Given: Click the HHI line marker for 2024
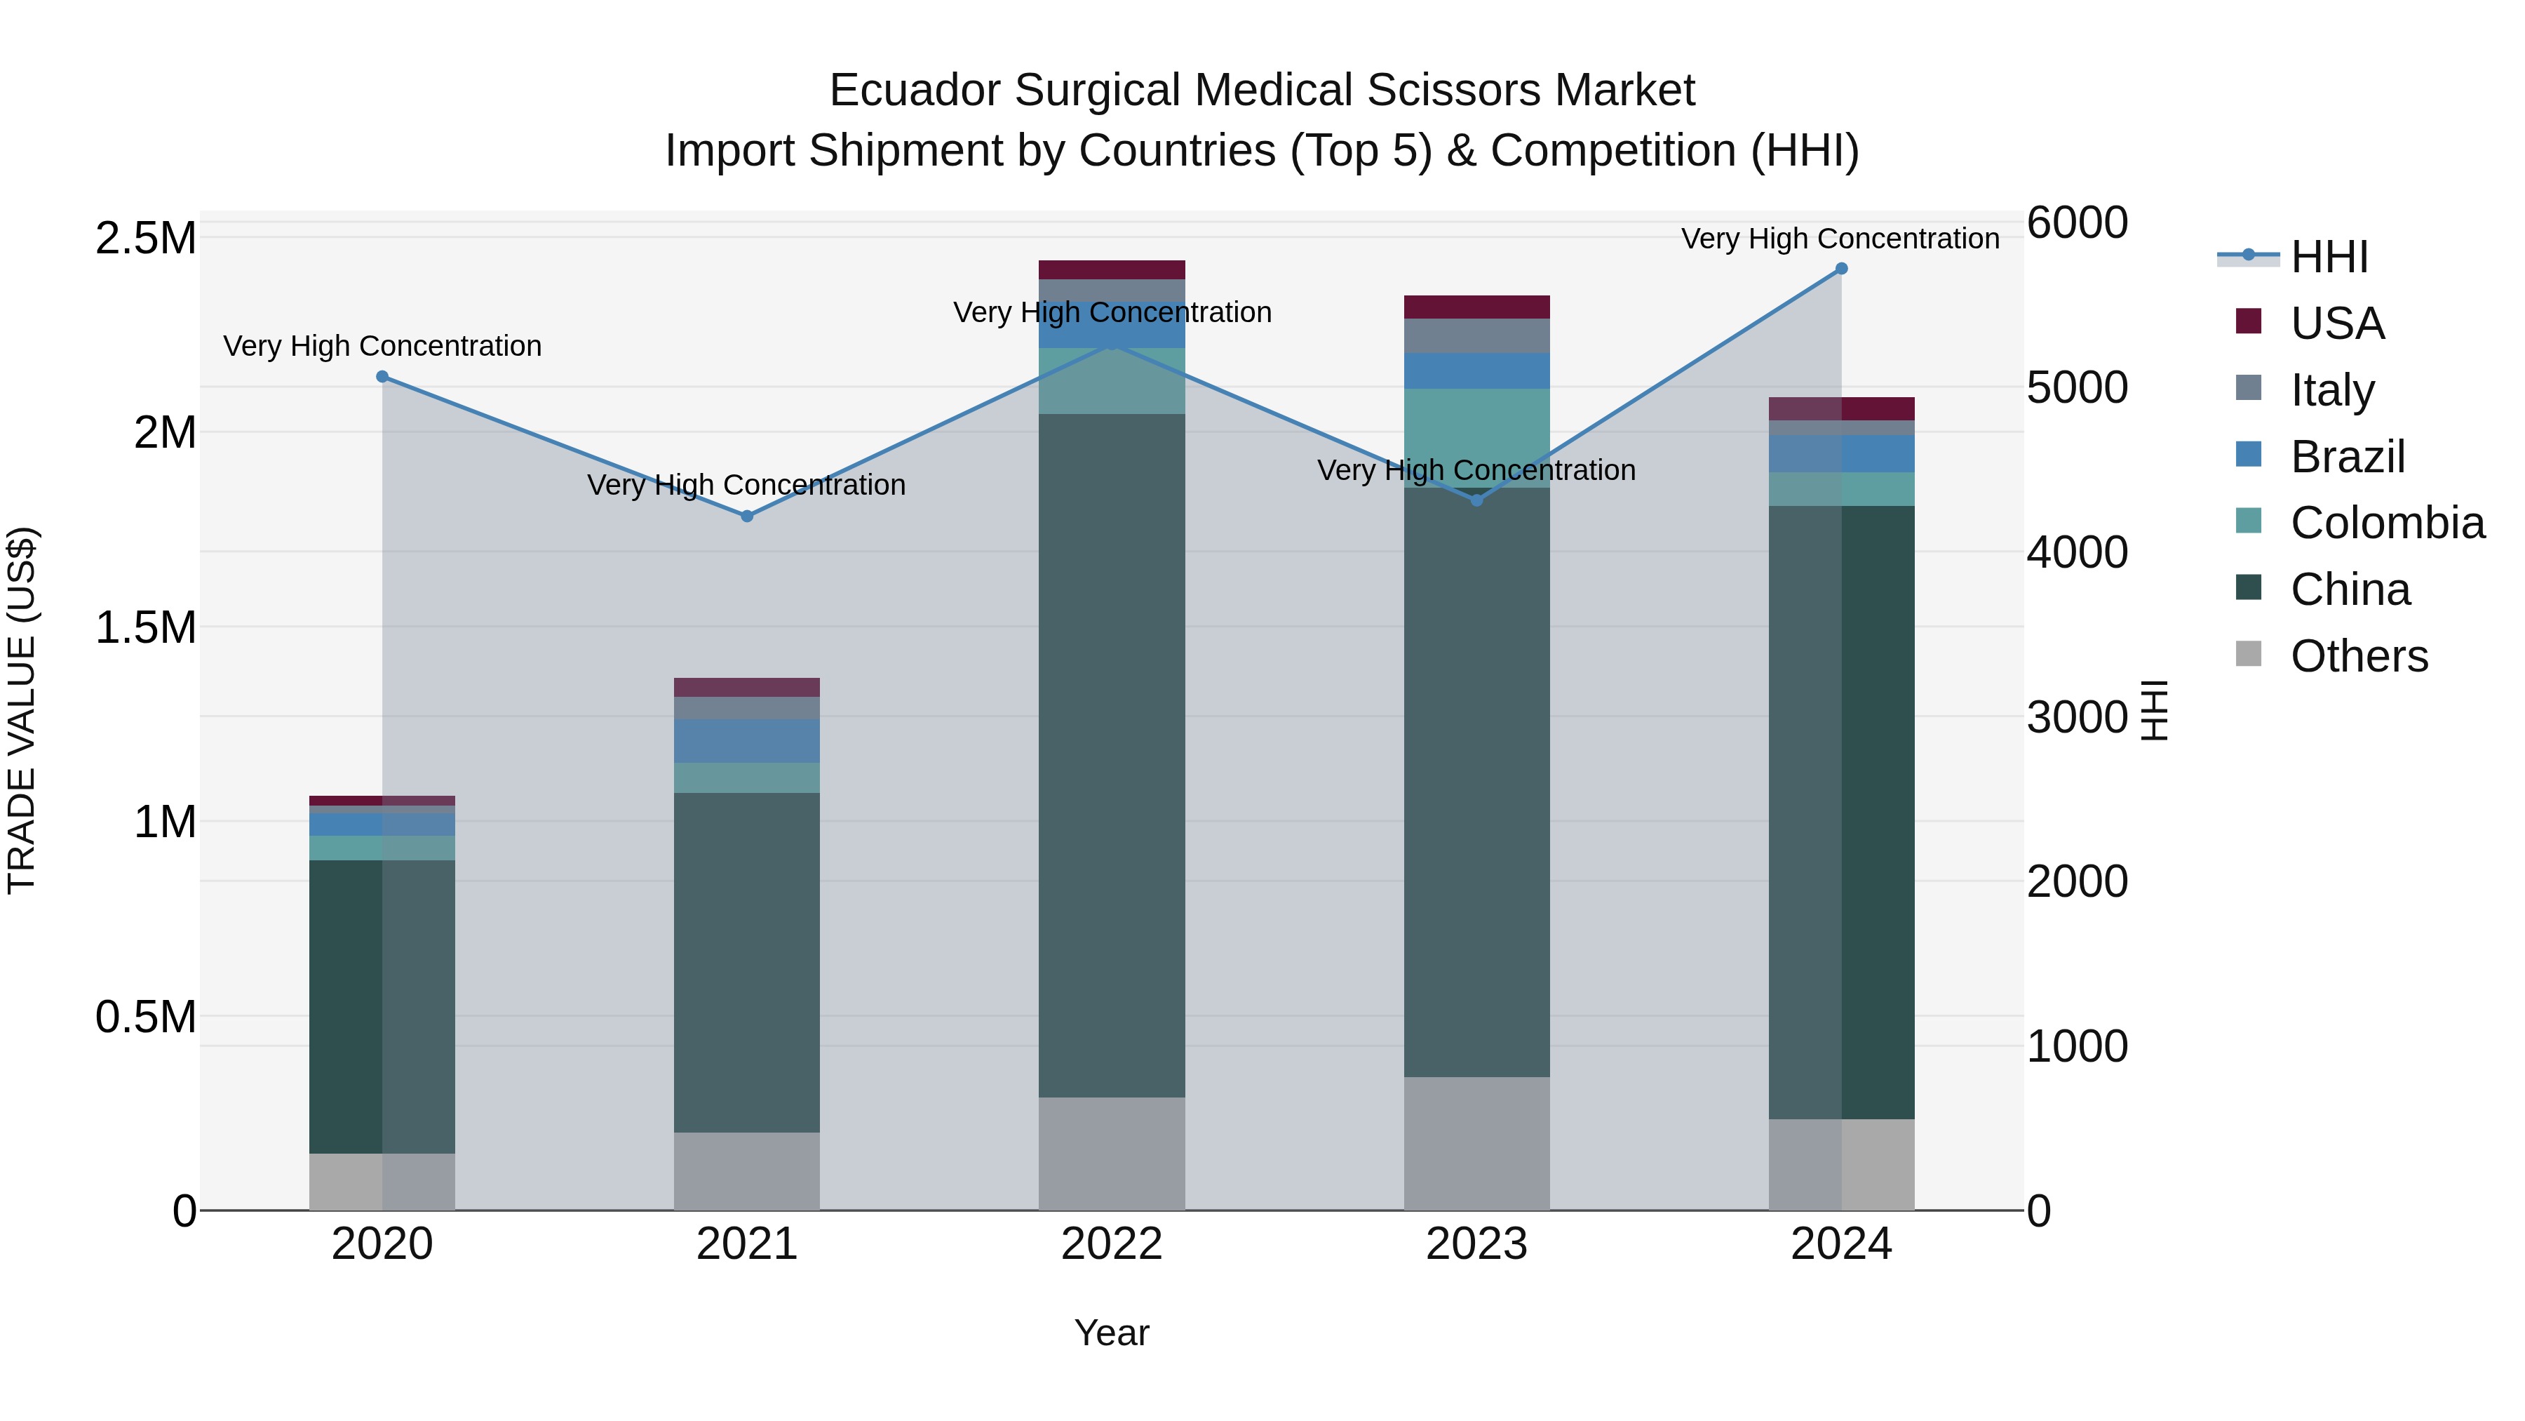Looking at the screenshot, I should pyautogui.click(x=1841, y=269).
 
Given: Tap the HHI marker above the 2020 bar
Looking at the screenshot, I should pyautogui.click(x=382, y=377).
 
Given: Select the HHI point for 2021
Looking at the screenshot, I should pyautogui.click(x=747, y=516).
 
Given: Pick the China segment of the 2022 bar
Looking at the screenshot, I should pyautogui.click(x=1112, y=755).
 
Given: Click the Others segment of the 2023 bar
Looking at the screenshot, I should pyautogui.click(x=1476, y=1144).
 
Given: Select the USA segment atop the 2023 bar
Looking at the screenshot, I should pyautogui.click(x=1476, y=307).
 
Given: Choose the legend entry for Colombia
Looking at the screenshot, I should pyautogui.click(x=2387, y=523).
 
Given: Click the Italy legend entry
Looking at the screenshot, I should pyautogui.click(x=2332, y=389).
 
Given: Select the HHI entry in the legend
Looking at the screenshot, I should pyautogui.click(x=2329, y=257).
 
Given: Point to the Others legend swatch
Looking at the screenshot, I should pyautogui.click(x=2249, y=654).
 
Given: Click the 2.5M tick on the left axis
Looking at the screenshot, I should pyautogui.click(x=146, y=239).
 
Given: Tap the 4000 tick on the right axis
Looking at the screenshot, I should pyautogui.click(x=2076, y=552).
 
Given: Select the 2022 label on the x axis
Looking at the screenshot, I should pyautogui.click(x=1112, y=1244).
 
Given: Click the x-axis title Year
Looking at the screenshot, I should pyautogui.click(x=1112, y=1333).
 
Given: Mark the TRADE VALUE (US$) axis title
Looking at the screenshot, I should pyautogui.click(x=22, y=710).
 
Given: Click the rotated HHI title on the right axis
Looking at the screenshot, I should pyautogui.click(x=2153, y=710).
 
